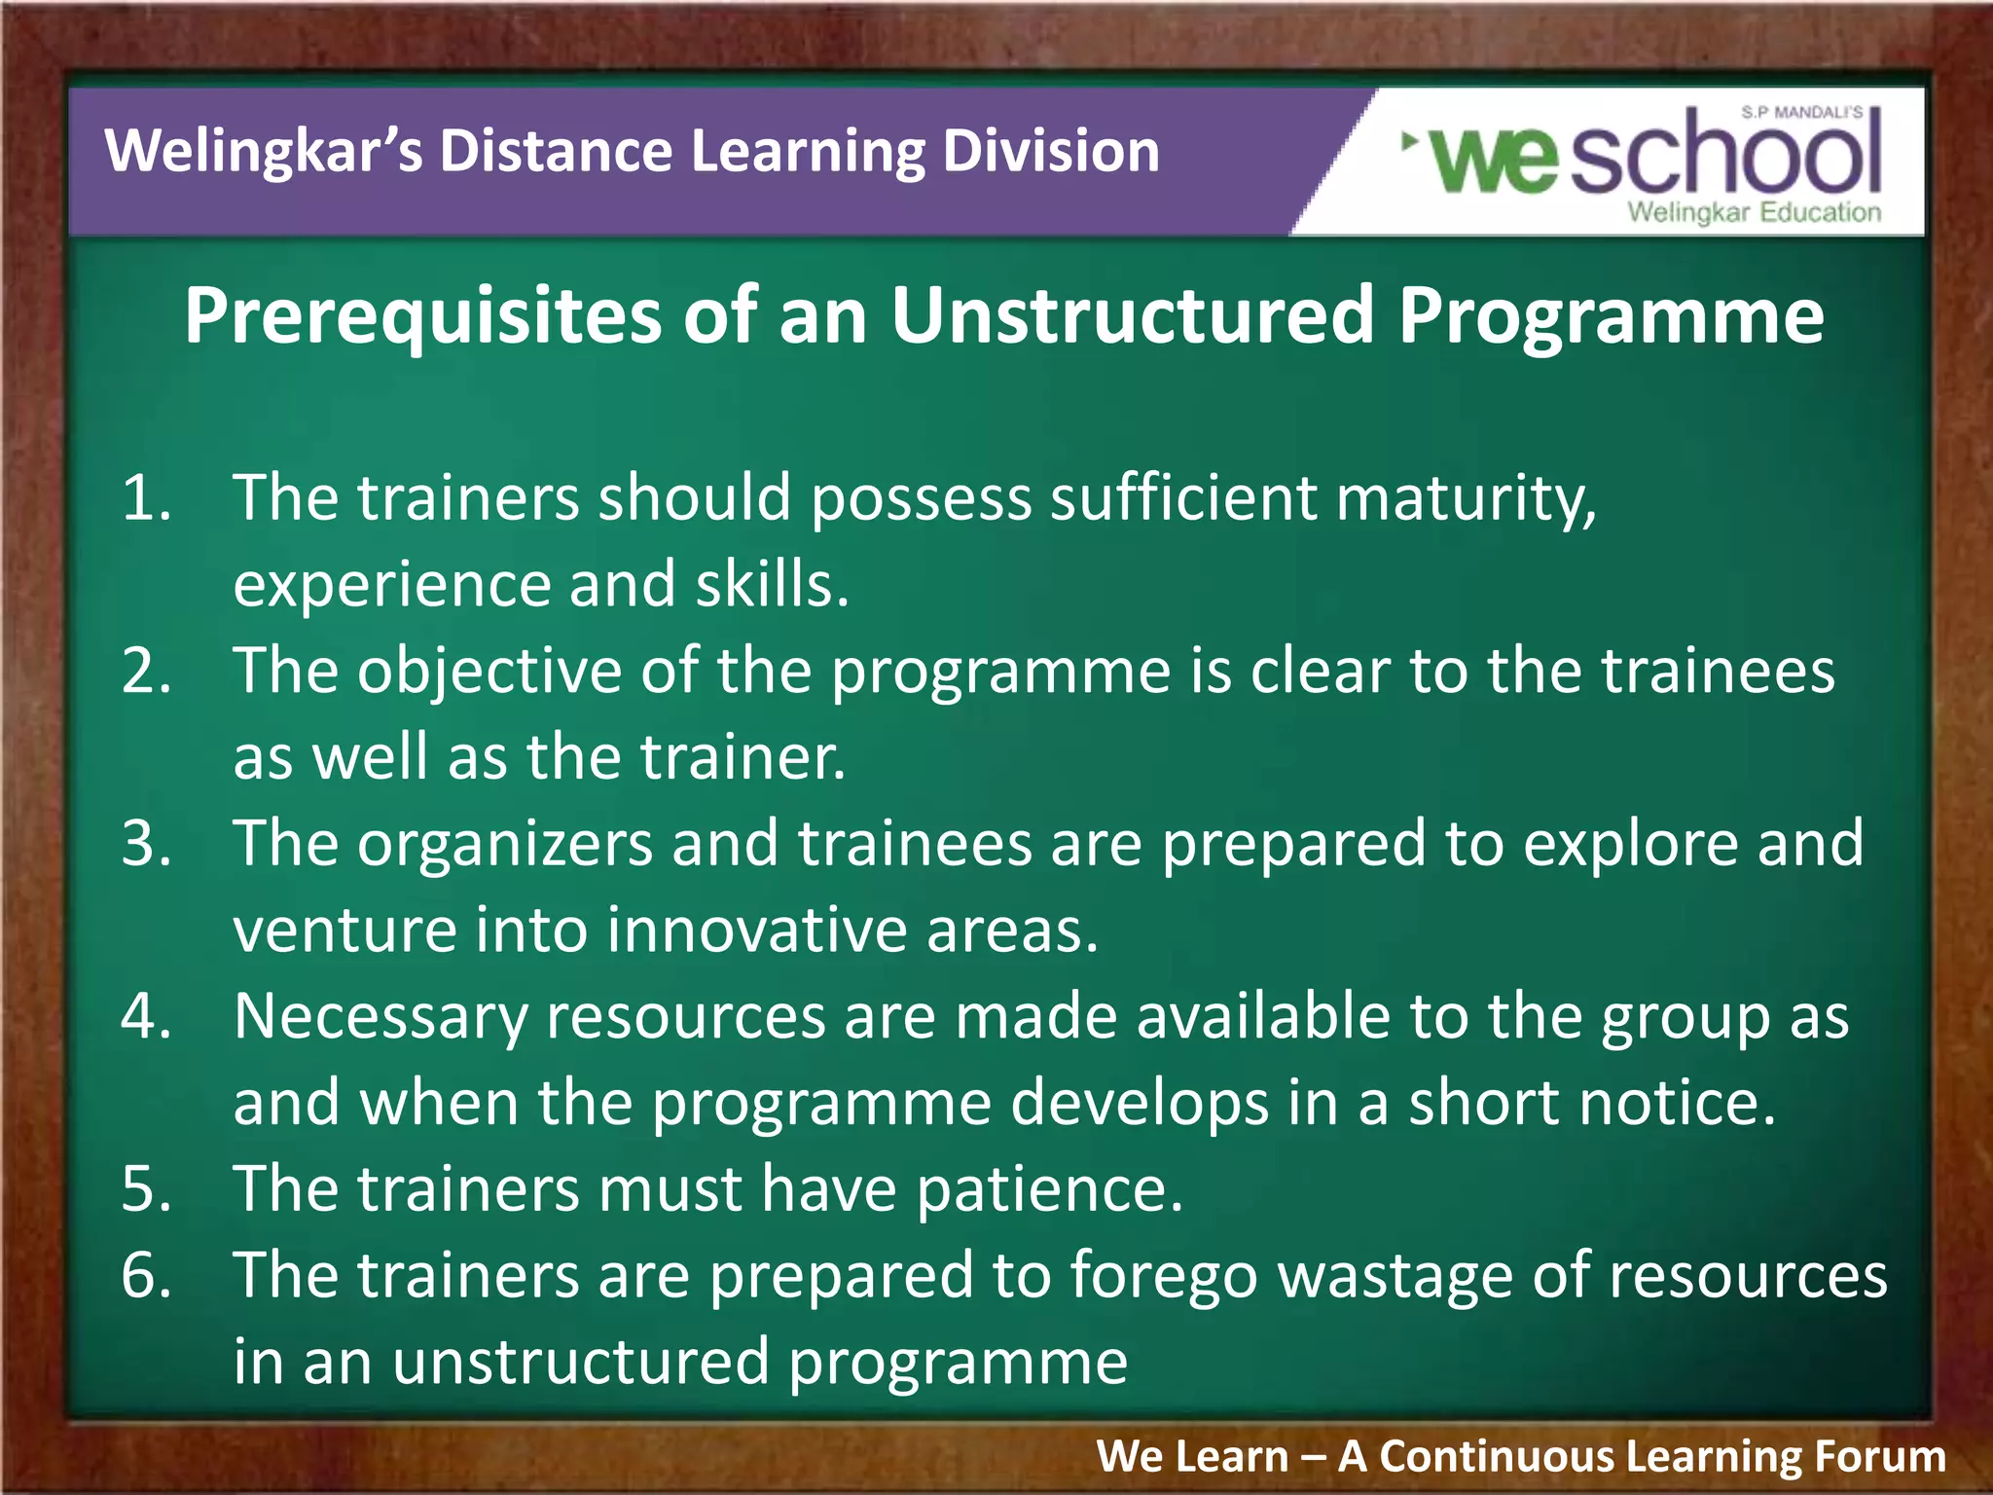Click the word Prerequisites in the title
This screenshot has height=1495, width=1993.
[x=423, y=316]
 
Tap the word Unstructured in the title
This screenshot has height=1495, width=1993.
[x=1133, y=316]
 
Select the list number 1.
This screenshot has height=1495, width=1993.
[x=146, y=498]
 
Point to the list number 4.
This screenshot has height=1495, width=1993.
[x=146, y=1017]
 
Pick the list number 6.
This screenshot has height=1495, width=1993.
[x=146, y=1276]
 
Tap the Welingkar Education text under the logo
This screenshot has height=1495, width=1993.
[x=1754, y=212]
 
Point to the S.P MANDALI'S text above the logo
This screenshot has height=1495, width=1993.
[x=1801, y=113]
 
